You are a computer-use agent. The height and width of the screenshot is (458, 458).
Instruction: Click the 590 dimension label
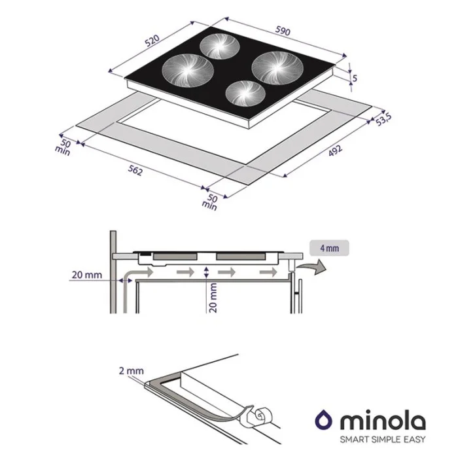[x=283, y=31]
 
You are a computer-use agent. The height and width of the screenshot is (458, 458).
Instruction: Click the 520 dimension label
[x=152, y=41]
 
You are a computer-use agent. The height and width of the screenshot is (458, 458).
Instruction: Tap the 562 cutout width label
[x=135, y=170]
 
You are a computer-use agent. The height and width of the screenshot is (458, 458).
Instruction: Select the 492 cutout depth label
[x=335, y=150]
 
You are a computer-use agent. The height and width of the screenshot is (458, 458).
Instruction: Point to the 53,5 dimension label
[x=383, y=119]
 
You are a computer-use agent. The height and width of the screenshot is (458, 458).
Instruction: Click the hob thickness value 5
[x=355, y=78]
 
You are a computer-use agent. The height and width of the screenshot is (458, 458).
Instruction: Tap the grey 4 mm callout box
[x=329, y=248]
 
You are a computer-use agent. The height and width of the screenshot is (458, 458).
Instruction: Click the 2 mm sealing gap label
[x=131, y=371]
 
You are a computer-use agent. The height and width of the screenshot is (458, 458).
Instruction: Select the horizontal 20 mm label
[x=87, y=275]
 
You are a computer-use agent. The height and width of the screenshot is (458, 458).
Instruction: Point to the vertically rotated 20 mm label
[x=213, y=298]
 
